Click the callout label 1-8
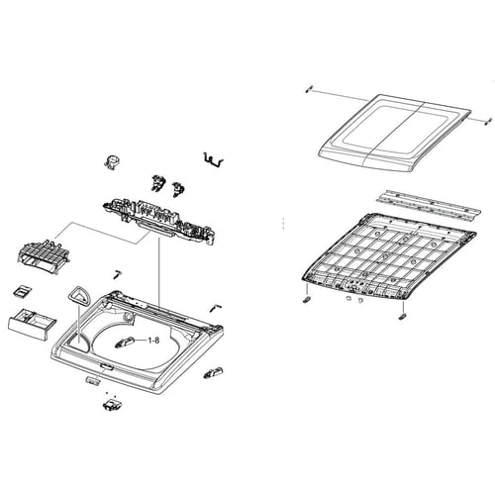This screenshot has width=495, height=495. point(156,341)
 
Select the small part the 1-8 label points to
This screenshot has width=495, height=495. point(126,343)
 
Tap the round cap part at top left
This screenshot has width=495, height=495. point(112,163)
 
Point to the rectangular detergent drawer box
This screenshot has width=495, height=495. point(27,322)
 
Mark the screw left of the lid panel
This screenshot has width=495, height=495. point(311,90)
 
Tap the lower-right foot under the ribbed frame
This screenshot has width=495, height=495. point(402,316)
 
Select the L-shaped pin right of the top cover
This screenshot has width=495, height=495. point(213,308)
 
